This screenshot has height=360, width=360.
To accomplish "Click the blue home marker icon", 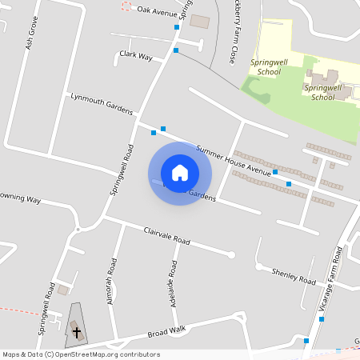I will click(x=180, y=173).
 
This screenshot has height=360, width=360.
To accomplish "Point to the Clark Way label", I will click(x=135, y=56).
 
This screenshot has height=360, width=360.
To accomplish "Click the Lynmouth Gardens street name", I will click(x=101, y=104).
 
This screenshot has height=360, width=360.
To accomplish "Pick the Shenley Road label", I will click(x=294, y=275).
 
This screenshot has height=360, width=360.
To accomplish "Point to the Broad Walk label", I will click(x=166, y=332).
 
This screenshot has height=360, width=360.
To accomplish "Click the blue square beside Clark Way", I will click(x=176, y=50).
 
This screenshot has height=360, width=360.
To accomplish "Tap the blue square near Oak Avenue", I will click(x=177, y=26).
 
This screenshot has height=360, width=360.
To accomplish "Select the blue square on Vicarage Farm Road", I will click(x=322, y=319).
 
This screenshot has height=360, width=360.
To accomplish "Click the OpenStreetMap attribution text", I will click(x=81, y=354).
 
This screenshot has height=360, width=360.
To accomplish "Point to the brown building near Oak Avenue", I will click(x=199, y=20).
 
